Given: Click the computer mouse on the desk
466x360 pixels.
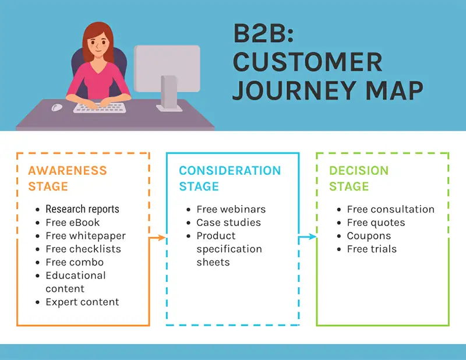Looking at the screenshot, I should tap(57, 107).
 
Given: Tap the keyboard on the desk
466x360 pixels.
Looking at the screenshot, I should tap(99, 108).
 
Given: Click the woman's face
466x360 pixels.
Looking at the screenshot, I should tap(99, 44).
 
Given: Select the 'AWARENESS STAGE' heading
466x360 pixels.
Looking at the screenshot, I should tap(67, 178).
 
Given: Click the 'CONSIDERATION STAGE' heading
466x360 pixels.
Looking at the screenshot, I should tap(230, 178).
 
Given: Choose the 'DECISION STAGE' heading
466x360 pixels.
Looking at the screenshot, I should tap(358, 178).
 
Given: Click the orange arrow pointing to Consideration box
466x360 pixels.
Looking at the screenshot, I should tap(158, 237).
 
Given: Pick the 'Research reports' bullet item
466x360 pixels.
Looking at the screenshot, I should tap(82, 209).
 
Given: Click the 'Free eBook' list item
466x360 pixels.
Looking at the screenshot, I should tap(72, 223).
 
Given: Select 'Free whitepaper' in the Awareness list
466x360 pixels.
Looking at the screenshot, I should tap(85, 236).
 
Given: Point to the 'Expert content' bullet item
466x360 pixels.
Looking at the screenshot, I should tap(82, 302).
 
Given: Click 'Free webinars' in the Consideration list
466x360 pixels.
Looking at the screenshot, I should tap(231, 209).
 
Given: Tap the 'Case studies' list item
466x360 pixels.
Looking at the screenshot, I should tap(228, 223).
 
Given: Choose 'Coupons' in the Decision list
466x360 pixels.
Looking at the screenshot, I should tap(369, 236).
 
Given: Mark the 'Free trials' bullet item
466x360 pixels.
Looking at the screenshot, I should tap(372, 249).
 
